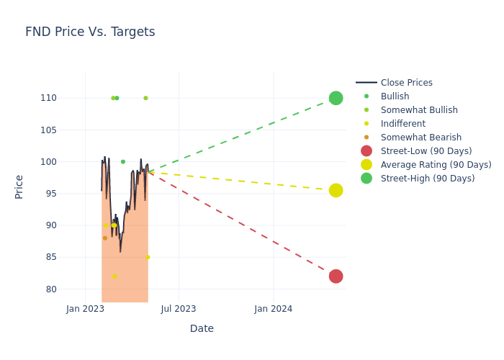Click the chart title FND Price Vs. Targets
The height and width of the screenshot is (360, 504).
(90, 32)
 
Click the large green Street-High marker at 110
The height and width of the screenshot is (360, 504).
(336, 98)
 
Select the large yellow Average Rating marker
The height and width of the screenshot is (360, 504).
(336, 190)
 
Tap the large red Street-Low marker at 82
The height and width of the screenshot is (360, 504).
(336, 276)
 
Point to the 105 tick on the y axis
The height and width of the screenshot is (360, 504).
(68, 130)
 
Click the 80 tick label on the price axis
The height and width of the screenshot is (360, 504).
(71, 289)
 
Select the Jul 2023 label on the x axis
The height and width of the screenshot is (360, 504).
(179, 309)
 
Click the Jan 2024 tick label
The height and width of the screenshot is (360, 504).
(274, 309)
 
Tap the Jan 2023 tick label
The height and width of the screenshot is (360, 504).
(85, 309)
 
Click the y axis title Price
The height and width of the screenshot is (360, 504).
(19, 186)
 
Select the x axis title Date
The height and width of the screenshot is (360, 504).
(202, 328)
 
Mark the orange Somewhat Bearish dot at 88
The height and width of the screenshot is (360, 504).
(104, 238)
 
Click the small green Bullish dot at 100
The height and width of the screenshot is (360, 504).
(122, 162)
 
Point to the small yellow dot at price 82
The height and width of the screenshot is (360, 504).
(114, 276)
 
